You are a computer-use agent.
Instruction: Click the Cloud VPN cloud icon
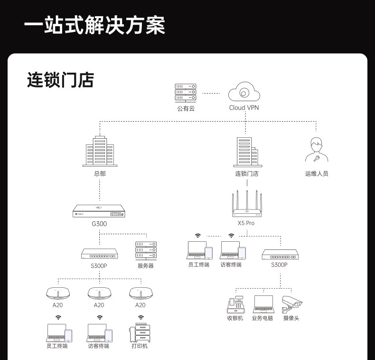coord(244,92)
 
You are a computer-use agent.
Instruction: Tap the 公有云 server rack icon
coord(185,93)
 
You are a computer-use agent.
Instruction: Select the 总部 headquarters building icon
coord(100,151)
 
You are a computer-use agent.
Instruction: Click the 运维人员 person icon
coord(316,151)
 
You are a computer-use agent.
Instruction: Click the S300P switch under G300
coord(99,253)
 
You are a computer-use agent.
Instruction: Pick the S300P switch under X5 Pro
coord(280,255)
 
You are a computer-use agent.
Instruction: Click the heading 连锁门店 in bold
coord(60,80)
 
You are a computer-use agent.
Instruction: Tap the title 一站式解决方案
coord(94,26)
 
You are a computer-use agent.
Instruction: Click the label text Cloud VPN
coord(244,108)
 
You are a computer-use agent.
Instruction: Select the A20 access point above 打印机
coord(141,293)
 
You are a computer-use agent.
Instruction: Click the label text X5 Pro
coord(246,223)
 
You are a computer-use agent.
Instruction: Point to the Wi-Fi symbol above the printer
coord(141,317)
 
